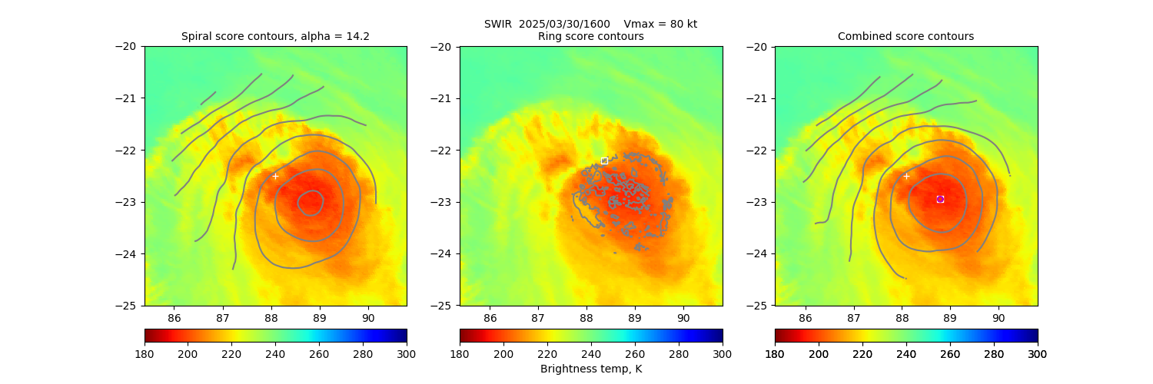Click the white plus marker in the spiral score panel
275,176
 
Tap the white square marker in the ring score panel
604,161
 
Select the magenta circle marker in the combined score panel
940,199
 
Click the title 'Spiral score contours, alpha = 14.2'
275,36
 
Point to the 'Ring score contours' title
590,36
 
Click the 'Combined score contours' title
905,36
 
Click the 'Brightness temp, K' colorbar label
590,369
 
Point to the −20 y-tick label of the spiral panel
126,46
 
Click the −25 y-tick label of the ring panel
441,306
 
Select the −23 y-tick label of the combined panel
756,202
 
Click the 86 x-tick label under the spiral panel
174,317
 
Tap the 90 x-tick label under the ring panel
683,317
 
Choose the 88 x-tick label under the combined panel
902,317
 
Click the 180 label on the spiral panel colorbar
145,353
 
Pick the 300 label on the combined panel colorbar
1038,353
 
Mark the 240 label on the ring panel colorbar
590,353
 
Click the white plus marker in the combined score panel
906,176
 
